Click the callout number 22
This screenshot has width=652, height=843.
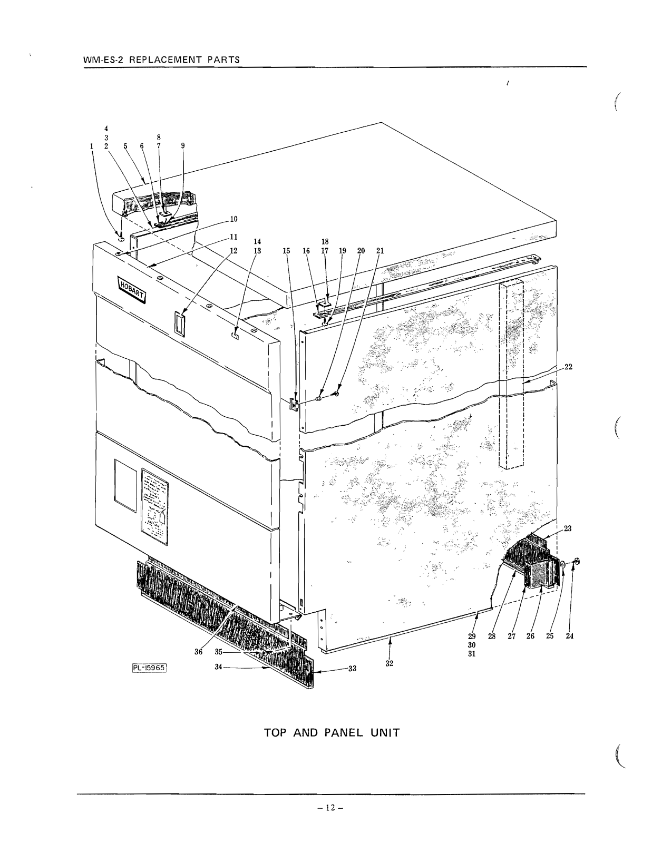pyautogui.click(x=569, y=367)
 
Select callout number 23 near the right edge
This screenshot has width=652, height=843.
pyautogui.click(x=568, y=528)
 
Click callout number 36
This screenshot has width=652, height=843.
pyautogui.click(x=198, y=652)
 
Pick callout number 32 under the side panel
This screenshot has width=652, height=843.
pyautogui.click(x=389, y=663)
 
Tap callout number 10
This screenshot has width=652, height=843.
pyautogui.click(x=234, y=219)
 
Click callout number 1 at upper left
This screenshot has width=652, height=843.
pyautogui.click(x=92, y=146)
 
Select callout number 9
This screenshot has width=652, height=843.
pyautogui.click(x=183, y=146)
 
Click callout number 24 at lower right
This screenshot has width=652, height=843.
pyautogui.click(x=569, y=636)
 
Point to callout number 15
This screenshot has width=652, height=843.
pyautogui.click(x=286, y=251)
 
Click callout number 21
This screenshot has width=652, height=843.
pyautogui.click(x=380, y=251)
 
